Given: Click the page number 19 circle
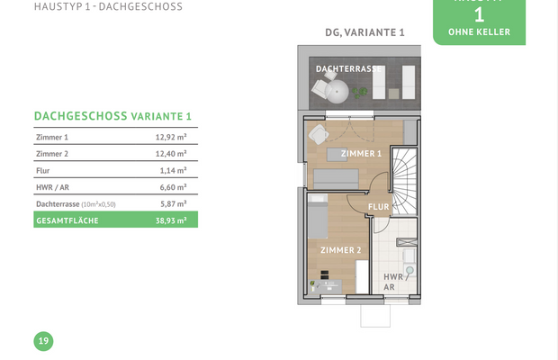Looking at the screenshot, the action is tap(43, 341).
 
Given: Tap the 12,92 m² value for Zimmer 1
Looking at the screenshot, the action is tap(171, 137).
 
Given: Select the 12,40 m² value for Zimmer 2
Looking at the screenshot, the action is tap(171, 154).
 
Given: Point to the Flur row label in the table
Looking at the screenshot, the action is tap(42, 170).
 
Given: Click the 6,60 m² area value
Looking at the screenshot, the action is tap(173, 187).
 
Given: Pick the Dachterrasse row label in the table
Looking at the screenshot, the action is tap(58, 203).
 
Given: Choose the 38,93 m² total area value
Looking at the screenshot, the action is tap(171, 220).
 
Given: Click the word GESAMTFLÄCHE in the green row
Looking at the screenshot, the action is tap(67, 220).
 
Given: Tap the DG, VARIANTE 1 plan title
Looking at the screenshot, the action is tap(364, 32).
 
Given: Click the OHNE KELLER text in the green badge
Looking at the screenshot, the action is tap(479, 32).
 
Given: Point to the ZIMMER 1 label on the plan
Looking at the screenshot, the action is tap(361, 154).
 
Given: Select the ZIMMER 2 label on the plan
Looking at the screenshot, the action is tap(340, 250).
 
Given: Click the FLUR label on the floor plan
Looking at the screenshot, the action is tap(379, 207).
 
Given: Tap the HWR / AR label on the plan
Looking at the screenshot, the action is tap(395, 282).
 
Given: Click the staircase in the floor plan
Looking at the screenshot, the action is tap(404, 182).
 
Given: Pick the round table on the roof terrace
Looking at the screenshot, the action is tap(337, 92).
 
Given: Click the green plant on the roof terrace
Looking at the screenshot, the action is tap(359, 93).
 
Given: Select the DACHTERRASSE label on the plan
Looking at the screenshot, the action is tap(348, 69).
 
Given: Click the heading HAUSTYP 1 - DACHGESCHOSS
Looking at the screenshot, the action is tap(108, 7).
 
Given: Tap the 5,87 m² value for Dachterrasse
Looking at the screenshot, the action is tap(173, 203).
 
